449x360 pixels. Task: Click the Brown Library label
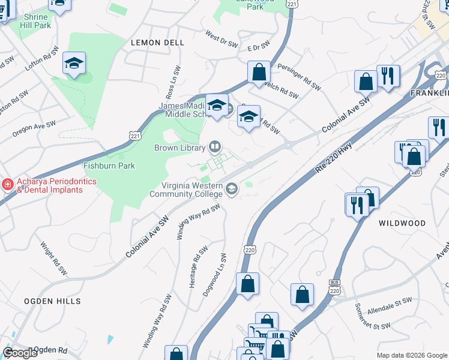click(178, 148)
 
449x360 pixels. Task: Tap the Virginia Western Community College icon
click(231, 190)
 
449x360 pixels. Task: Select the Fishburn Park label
click(109, 166)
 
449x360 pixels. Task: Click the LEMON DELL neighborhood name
click(154, 43)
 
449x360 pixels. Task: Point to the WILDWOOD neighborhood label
click(402, 223)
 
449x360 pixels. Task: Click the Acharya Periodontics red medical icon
click(7, 184)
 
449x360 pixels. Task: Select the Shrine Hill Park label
click(34, 21)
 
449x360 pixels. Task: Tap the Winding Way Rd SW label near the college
click(198, 222)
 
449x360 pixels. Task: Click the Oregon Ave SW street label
click(34, 128)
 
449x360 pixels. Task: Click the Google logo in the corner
click(20, 353)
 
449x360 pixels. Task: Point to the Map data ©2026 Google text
click(412, 355)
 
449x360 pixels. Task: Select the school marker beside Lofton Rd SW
click(74, 64)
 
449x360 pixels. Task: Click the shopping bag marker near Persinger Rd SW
click(259, 72)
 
